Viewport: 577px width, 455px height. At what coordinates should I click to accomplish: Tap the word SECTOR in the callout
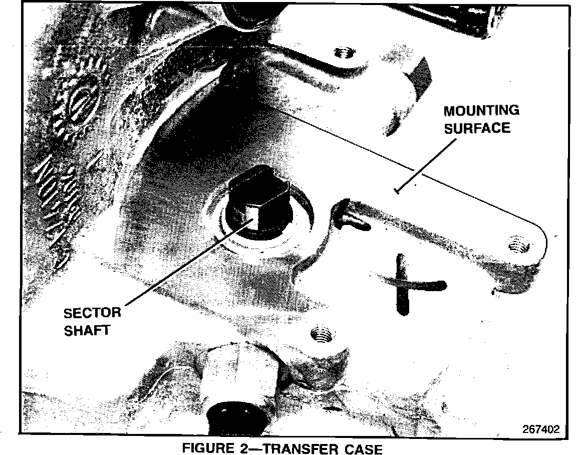click(x=93, y=313)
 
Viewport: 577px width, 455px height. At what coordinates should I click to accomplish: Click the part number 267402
click(x=540, y=429)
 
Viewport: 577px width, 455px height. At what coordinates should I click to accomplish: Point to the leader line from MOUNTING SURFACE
click(x=426, y=165)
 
